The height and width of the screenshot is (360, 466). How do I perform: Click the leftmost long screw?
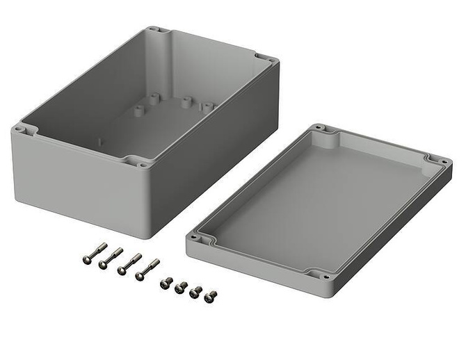tap(93, 253)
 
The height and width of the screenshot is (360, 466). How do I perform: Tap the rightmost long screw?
tap(146, 268)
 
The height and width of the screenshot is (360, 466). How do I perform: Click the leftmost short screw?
tap(166, 282)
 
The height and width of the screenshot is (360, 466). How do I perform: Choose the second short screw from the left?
tap(181, 286)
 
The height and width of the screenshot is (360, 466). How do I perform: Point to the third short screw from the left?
tap(195, 291)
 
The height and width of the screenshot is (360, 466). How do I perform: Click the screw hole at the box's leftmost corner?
tap(20, 129)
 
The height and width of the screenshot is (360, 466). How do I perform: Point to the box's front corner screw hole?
tap(143, 165)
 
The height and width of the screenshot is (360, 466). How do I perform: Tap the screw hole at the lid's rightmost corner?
tap(444, 161)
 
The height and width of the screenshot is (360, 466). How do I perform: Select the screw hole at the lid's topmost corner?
tap(319, 128)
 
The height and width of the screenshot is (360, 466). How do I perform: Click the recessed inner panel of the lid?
tap(320, 202)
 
